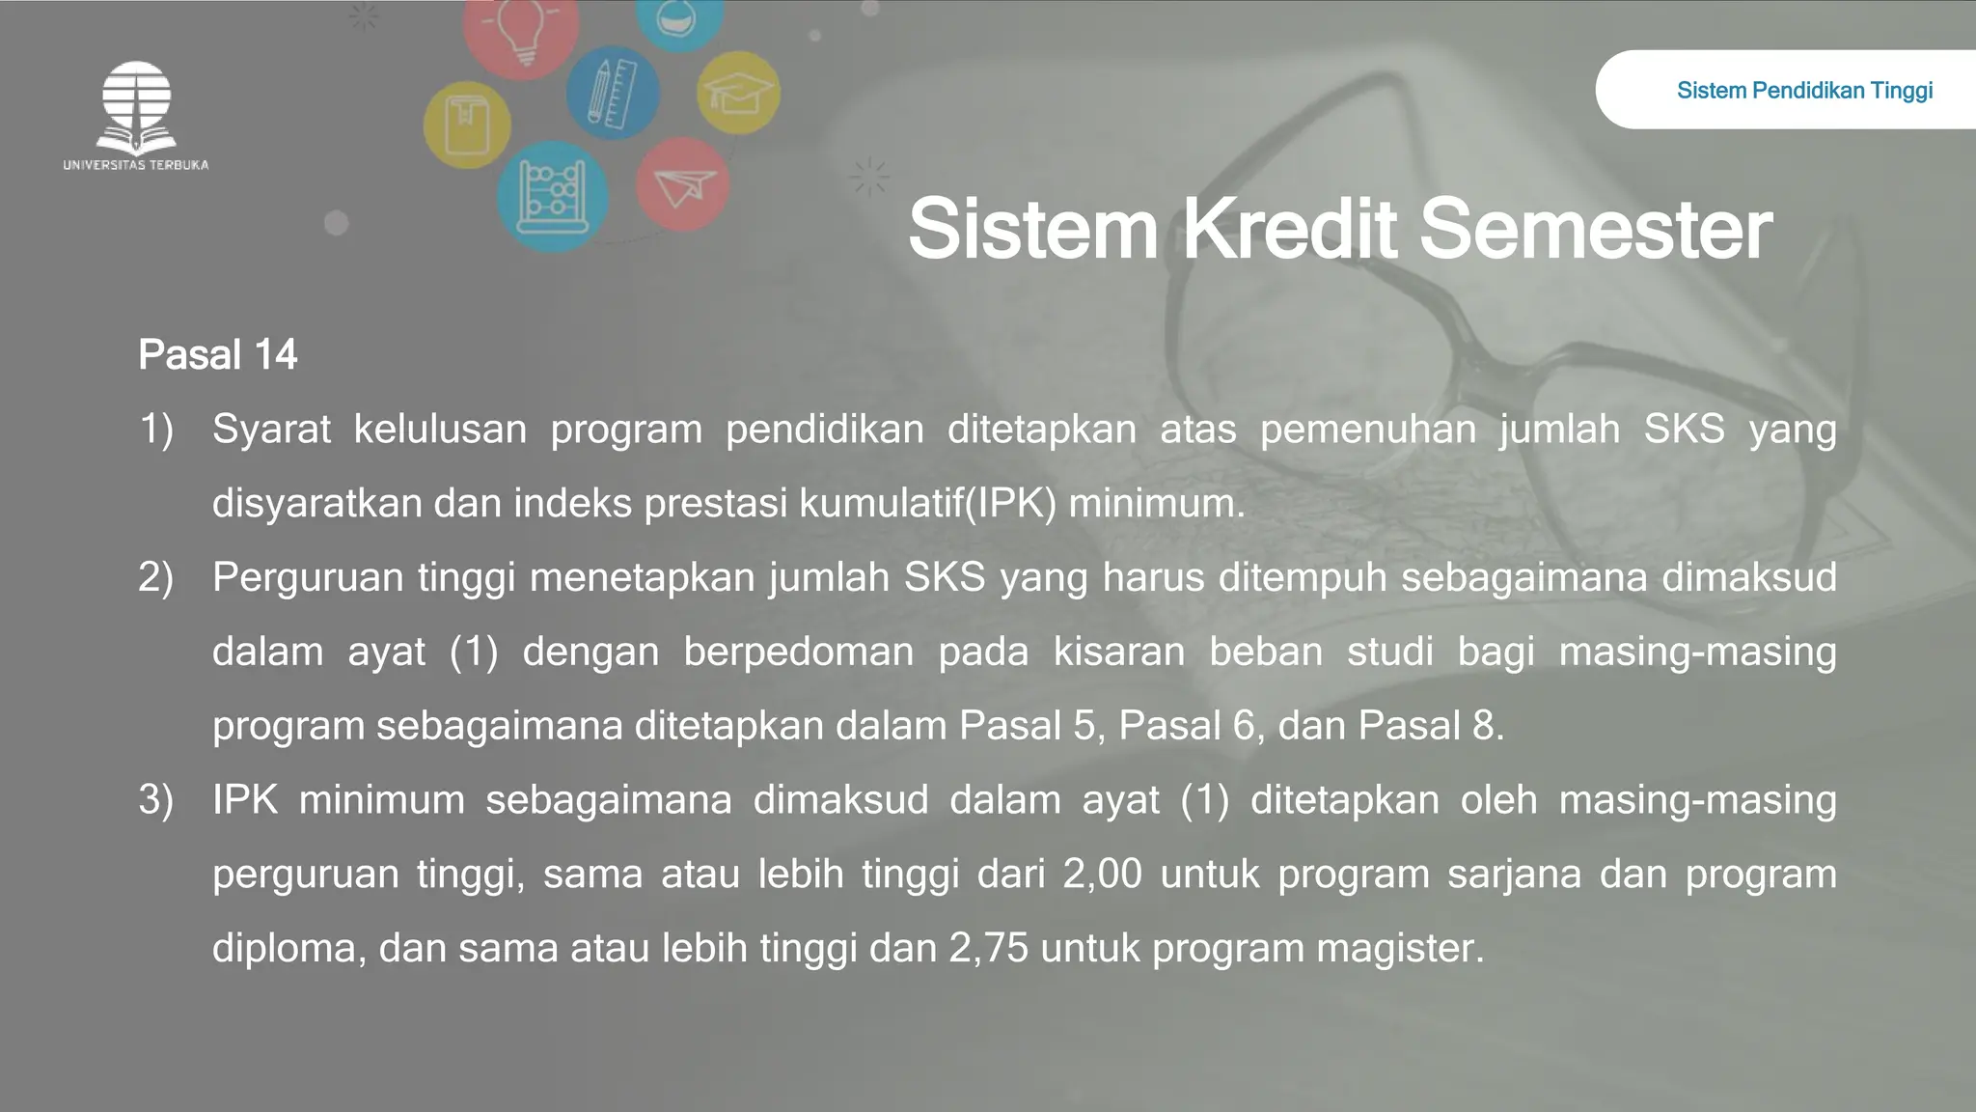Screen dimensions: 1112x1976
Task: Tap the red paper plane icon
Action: point(682,184)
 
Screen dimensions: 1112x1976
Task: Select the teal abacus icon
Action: point(553,197)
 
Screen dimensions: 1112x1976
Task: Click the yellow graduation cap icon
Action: point(738,94)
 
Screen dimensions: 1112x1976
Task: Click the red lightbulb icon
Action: point(521,34)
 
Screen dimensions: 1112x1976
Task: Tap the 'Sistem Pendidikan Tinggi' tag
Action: point(1804,91)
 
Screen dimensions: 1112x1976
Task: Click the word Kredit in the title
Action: point(1288,230)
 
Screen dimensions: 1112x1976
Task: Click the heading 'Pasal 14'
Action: point(218,355)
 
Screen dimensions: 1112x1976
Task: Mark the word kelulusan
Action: point(440,429)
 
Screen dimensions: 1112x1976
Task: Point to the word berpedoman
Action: point(798,652)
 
